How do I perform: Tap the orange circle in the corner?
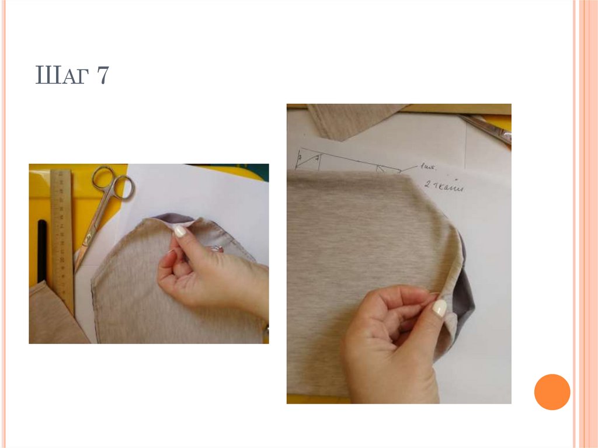551,391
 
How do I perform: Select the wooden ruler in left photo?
61,234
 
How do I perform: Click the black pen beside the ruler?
42,251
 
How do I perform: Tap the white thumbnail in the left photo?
180,231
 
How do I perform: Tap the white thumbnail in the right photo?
440,308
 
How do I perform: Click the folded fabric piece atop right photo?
350,120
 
